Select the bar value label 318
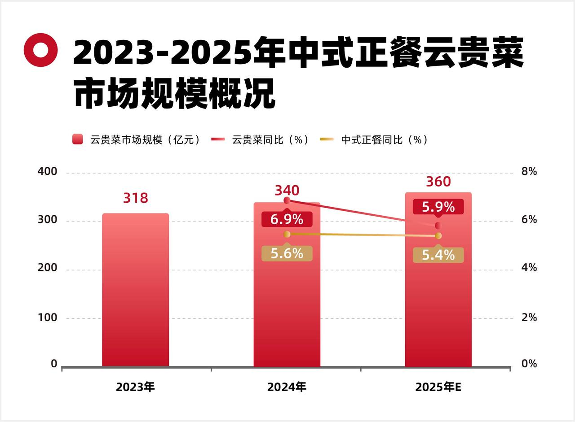136,198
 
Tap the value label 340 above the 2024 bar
287,190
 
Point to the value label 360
438,182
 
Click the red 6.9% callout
287,219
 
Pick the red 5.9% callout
438,207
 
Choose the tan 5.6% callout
287,254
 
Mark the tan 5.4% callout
438,255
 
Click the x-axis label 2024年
287,387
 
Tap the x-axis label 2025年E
438,387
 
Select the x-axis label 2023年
135,387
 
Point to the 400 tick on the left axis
47,172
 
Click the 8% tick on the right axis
529,172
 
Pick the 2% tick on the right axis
529,318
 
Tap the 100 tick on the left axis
47,318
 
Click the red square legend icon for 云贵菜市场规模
78,139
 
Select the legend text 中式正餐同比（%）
384,139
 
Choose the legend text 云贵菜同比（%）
271,139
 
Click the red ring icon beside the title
41,50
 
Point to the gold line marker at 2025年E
438,236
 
